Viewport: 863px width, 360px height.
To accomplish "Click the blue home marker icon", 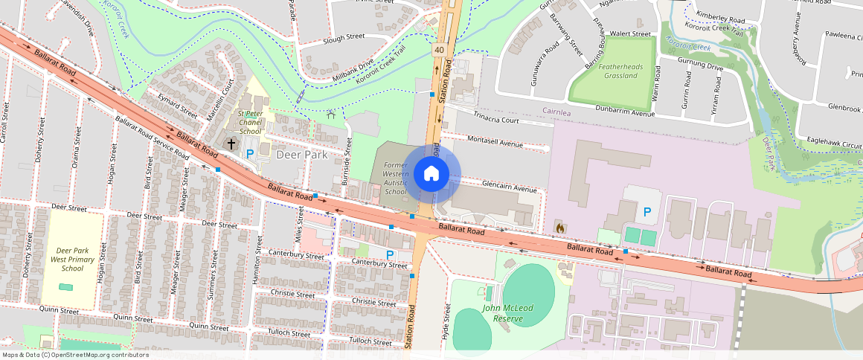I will click(x=431, y=174).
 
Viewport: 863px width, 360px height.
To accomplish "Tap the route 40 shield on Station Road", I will click(x=440, y=49).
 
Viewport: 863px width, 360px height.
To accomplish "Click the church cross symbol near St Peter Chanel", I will click(x=231, y=143).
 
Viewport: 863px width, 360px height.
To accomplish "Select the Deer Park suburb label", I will click(x=302, y=155).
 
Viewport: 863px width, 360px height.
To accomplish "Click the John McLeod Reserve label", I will click(x=513, y=313).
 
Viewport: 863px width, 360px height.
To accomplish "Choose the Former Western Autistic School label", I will click(x=396, y=177).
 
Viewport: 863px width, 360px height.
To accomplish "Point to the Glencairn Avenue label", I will click(x=510, y=189).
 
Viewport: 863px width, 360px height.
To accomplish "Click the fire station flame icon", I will click(x=559, y=226).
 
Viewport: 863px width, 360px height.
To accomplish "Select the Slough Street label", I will click(x=344, y=36).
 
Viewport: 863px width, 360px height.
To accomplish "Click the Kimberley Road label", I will click(x=719, y=20).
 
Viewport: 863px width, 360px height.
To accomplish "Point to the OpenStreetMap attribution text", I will click(x=75, y=355).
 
